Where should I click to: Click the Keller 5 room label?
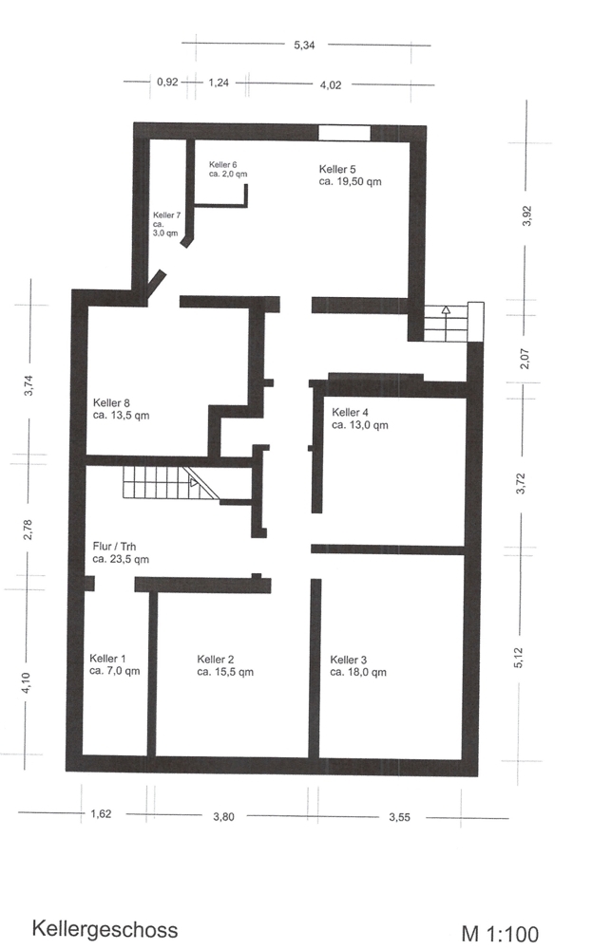[x=351, y=175]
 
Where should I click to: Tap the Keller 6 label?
[x=228, y=169]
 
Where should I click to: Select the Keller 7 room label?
[x=166, y=224]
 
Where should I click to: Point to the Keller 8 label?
[x=122, y=409]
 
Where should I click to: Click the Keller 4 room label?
[x=360, y=419]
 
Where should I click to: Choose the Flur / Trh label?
[x=121, y=552]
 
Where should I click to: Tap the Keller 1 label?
[x=115, y=664]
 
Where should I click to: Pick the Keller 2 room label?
[x=225, y=666]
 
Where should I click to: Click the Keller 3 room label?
[x=358, y=666]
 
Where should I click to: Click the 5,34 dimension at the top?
[x=304, y=45]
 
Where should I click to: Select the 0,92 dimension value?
[x=167, y=82]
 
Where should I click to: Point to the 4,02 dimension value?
[x=331, y=85]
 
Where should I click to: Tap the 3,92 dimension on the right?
[x=526, y=216]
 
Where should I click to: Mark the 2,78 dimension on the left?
[x=28, y=530]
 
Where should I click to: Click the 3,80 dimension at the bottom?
[x=223, y=816]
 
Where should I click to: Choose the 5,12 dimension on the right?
[x=518, y=658]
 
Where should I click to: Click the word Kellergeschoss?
[x=105, y=929]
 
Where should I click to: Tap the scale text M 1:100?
[x=500, y=934]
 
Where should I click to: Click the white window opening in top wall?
[x=344, y=133]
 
